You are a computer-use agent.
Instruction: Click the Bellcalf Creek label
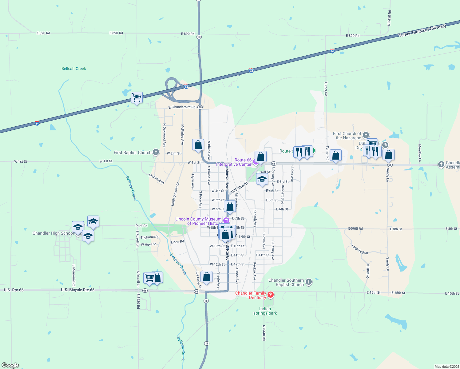[74, 69]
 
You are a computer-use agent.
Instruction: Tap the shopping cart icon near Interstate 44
[137, 97]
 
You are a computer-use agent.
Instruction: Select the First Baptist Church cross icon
[156, 152]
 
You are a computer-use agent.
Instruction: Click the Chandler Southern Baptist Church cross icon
[309, 282]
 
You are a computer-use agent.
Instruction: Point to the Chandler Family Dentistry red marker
[271, 295]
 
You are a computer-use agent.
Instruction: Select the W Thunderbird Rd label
[182, 107]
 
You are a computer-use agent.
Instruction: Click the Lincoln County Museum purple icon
[226, 220]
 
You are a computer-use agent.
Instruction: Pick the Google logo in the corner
[10, 365]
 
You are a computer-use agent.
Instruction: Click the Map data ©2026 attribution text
[446, 367]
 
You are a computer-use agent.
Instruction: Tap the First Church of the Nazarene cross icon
[366, 135]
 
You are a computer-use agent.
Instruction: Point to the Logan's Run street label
[360, 249]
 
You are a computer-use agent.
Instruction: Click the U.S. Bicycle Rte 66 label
[77, 290]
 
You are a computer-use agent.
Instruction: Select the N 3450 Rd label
[389, 18]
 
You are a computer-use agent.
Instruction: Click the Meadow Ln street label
[419, 153]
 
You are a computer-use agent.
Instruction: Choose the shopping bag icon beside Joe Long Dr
[206, 277]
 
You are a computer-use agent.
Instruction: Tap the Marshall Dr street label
[157, 179]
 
